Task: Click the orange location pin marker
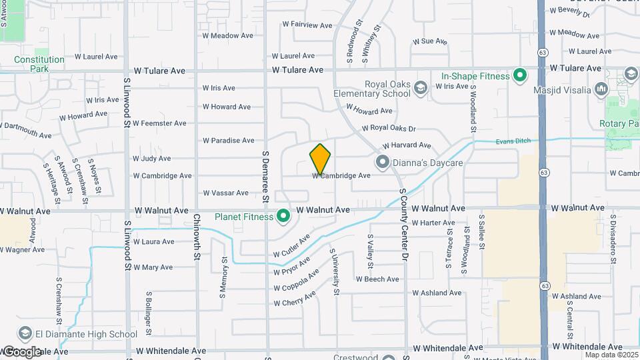pos(320,159)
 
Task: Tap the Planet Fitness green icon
pos(283,216)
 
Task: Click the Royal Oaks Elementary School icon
pos(420,88)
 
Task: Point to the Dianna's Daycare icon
pos(382,162)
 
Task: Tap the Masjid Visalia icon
pos(601,90)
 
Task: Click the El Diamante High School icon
pos(25,334)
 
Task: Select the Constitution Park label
pos(39,64)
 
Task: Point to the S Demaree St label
pos(265,176)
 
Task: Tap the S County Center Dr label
pos(403,223)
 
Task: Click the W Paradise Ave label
pos(229,141)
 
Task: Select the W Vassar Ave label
pos(225,193)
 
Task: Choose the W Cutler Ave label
pos(292,246)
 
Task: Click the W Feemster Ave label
pos(160,123)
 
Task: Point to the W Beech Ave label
pos(377,279)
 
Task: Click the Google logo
pos(23,351)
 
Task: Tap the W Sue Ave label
pos(430,41)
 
